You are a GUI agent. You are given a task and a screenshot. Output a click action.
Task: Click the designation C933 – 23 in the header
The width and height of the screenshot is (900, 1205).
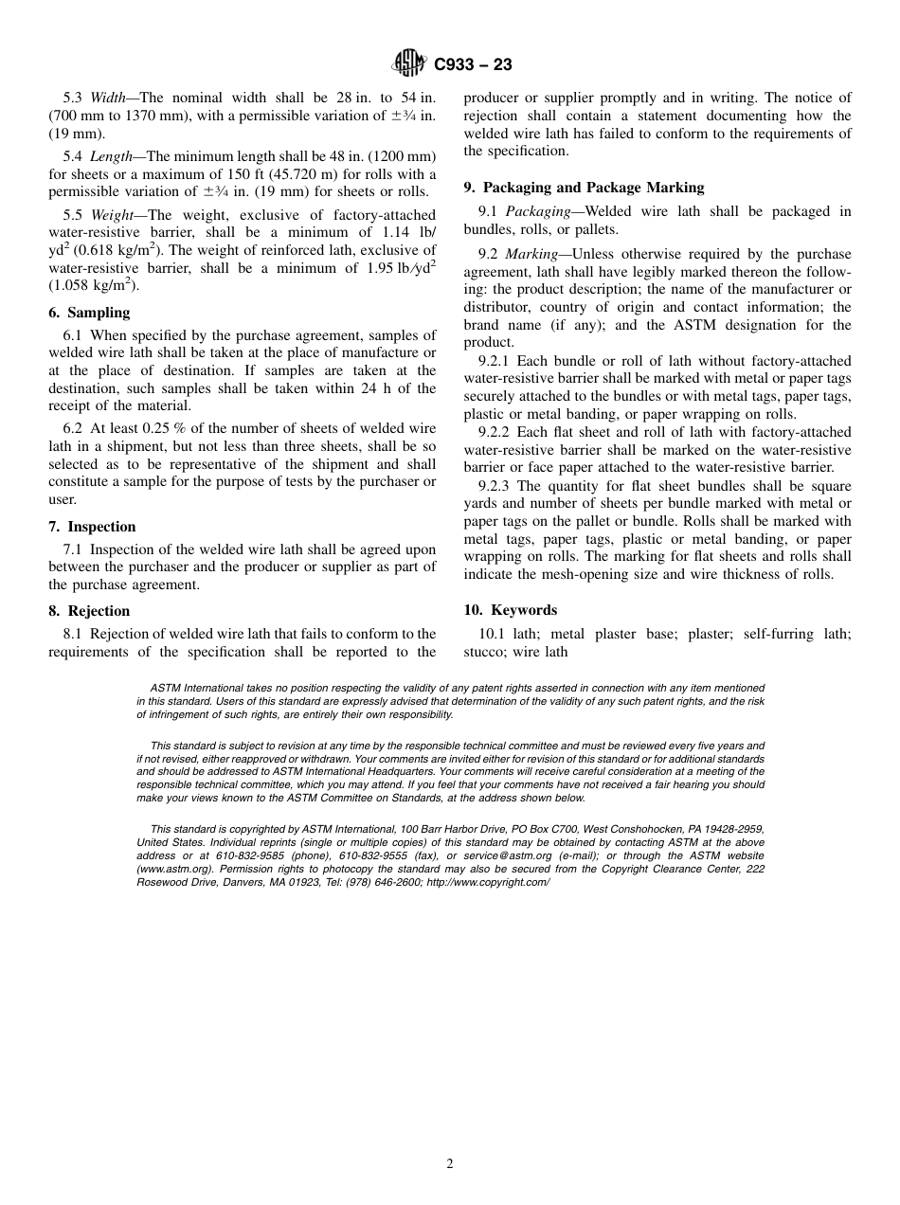tap(472, 64)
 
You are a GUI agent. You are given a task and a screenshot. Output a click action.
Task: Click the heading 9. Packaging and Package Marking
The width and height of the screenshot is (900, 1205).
tap(584, 188)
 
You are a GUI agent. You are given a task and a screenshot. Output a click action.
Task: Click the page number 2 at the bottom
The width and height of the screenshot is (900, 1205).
tap(450, 1164)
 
